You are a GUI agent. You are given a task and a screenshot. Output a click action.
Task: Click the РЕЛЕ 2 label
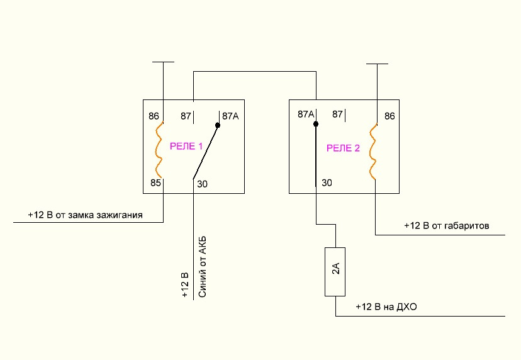pos(343,148)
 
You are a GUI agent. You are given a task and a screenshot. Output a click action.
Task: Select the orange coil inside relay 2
pos(374,152)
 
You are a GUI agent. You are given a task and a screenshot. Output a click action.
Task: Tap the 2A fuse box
pos(335,271)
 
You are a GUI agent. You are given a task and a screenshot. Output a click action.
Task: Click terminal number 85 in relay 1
pos(155,184)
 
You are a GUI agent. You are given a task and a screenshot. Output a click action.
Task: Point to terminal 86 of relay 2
pos(389,116)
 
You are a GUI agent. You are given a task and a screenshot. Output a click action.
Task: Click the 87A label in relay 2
pos(306,115)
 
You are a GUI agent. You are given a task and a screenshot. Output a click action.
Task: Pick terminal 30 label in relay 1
pos(202,184)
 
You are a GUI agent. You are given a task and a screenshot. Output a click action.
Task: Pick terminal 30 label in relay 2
pos(327,183)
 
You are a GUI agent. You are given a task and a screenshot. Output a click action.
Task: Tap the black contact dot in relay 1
pos(218,126)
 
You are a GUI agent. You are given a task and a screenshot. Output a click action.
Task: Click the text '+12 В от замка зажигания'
pos(85,215)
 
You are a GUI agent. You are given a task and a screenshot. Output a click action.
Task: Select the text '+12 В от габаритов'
pos(447,225)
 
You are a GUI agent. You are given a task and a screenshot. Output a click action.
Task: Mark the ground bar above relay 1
pos(164,62)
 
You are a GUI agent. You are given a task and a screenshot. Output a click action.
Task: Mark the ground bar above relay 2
pos(377,63)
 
